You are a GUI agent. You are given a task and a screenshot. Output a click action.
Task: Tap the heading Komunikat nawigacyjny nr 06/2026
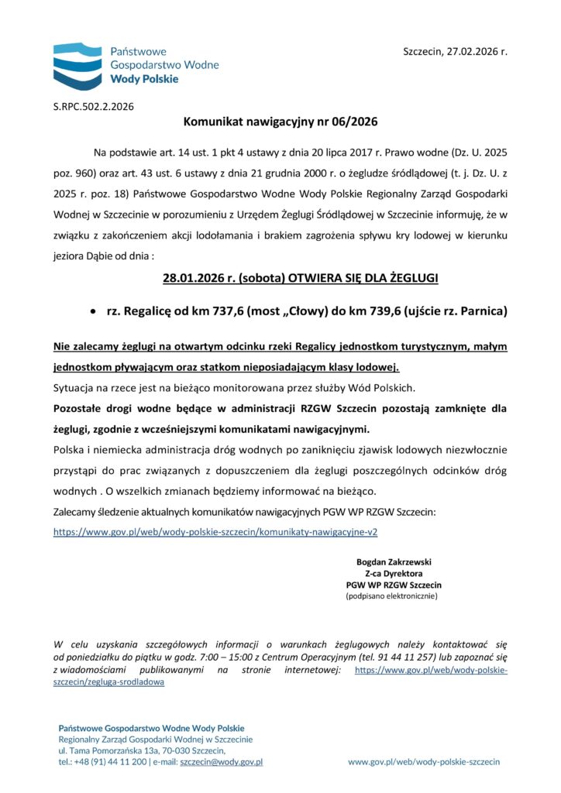[280, 122]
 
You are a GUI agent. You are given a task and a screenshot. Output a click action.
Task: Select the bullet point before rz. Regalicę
[94, 311]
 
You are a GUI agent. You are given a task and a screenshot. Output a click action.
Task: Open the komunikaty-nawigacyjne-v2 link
[215, 533]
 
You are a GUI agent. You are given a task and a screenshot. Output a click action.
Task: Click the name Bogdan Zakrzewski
[394, 561]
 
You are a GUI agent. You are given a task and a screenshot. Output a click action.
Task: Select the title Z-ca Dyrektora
[394, 573]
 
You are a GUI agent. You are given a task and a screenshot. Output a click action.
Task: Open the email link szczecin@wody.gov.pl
[221, 762]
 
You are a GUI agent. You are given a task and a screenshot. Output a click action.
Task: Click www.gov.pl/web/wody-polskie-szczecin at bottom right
[424, 762]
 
